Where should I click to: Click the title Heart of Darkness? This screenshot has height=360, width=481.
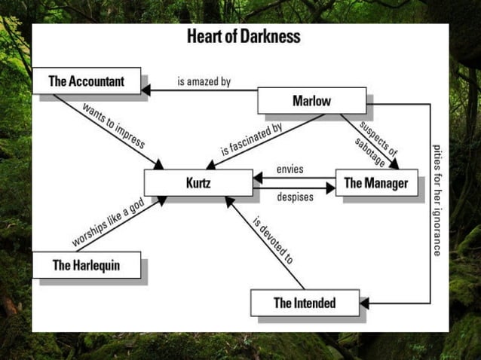pyautogui.click(x=243, y=36)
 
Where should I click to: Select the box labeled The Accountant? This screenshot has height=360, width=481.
pyautogui.click(x=86, y=81)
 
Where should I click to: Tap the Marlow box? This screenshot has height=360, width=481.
pyautogui.click(x=311, y=100)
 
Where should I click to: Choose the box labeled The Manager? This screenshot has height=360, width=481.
pyautogui.click(x=375, y=183)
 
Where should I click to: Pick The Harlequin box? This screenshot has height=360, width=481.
pyautogui.click(x=86, y=265)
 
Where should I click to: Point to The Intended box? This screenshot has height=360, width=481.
pyautogui.click(x=304, y=304)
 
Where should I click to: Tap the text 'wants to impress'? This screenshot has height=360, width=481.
pyautogui.click(x=112, y=124)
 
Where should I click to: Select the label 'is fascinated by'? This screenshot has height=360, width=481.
pyautogui.click(x=251, y=139)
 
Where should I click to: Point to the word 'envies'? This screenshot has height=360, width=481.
pyautogui.click(x=290, y=169)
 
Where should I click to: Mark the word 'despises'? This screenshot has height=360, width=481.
pyautogui.click(x=291, y=198)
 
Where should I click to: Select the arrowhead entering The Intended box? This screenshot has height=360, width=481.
pyautogui.click(x=364, y=304)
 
